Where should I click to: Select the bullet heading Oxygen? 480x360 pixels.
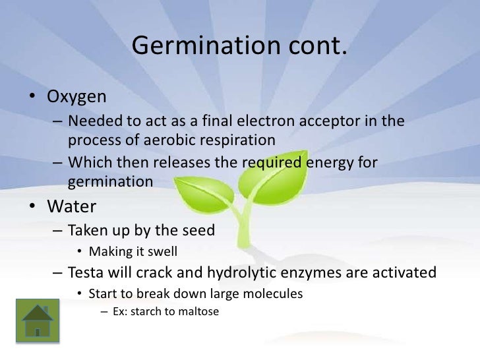[x=76, y=97]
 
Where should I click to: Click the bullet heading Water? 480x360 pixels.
[x=71, y=206]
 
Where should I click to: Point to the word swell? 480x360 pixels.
[x=162, y=251]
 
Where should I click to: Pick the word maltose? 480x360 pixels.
[x=196, y=311]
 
